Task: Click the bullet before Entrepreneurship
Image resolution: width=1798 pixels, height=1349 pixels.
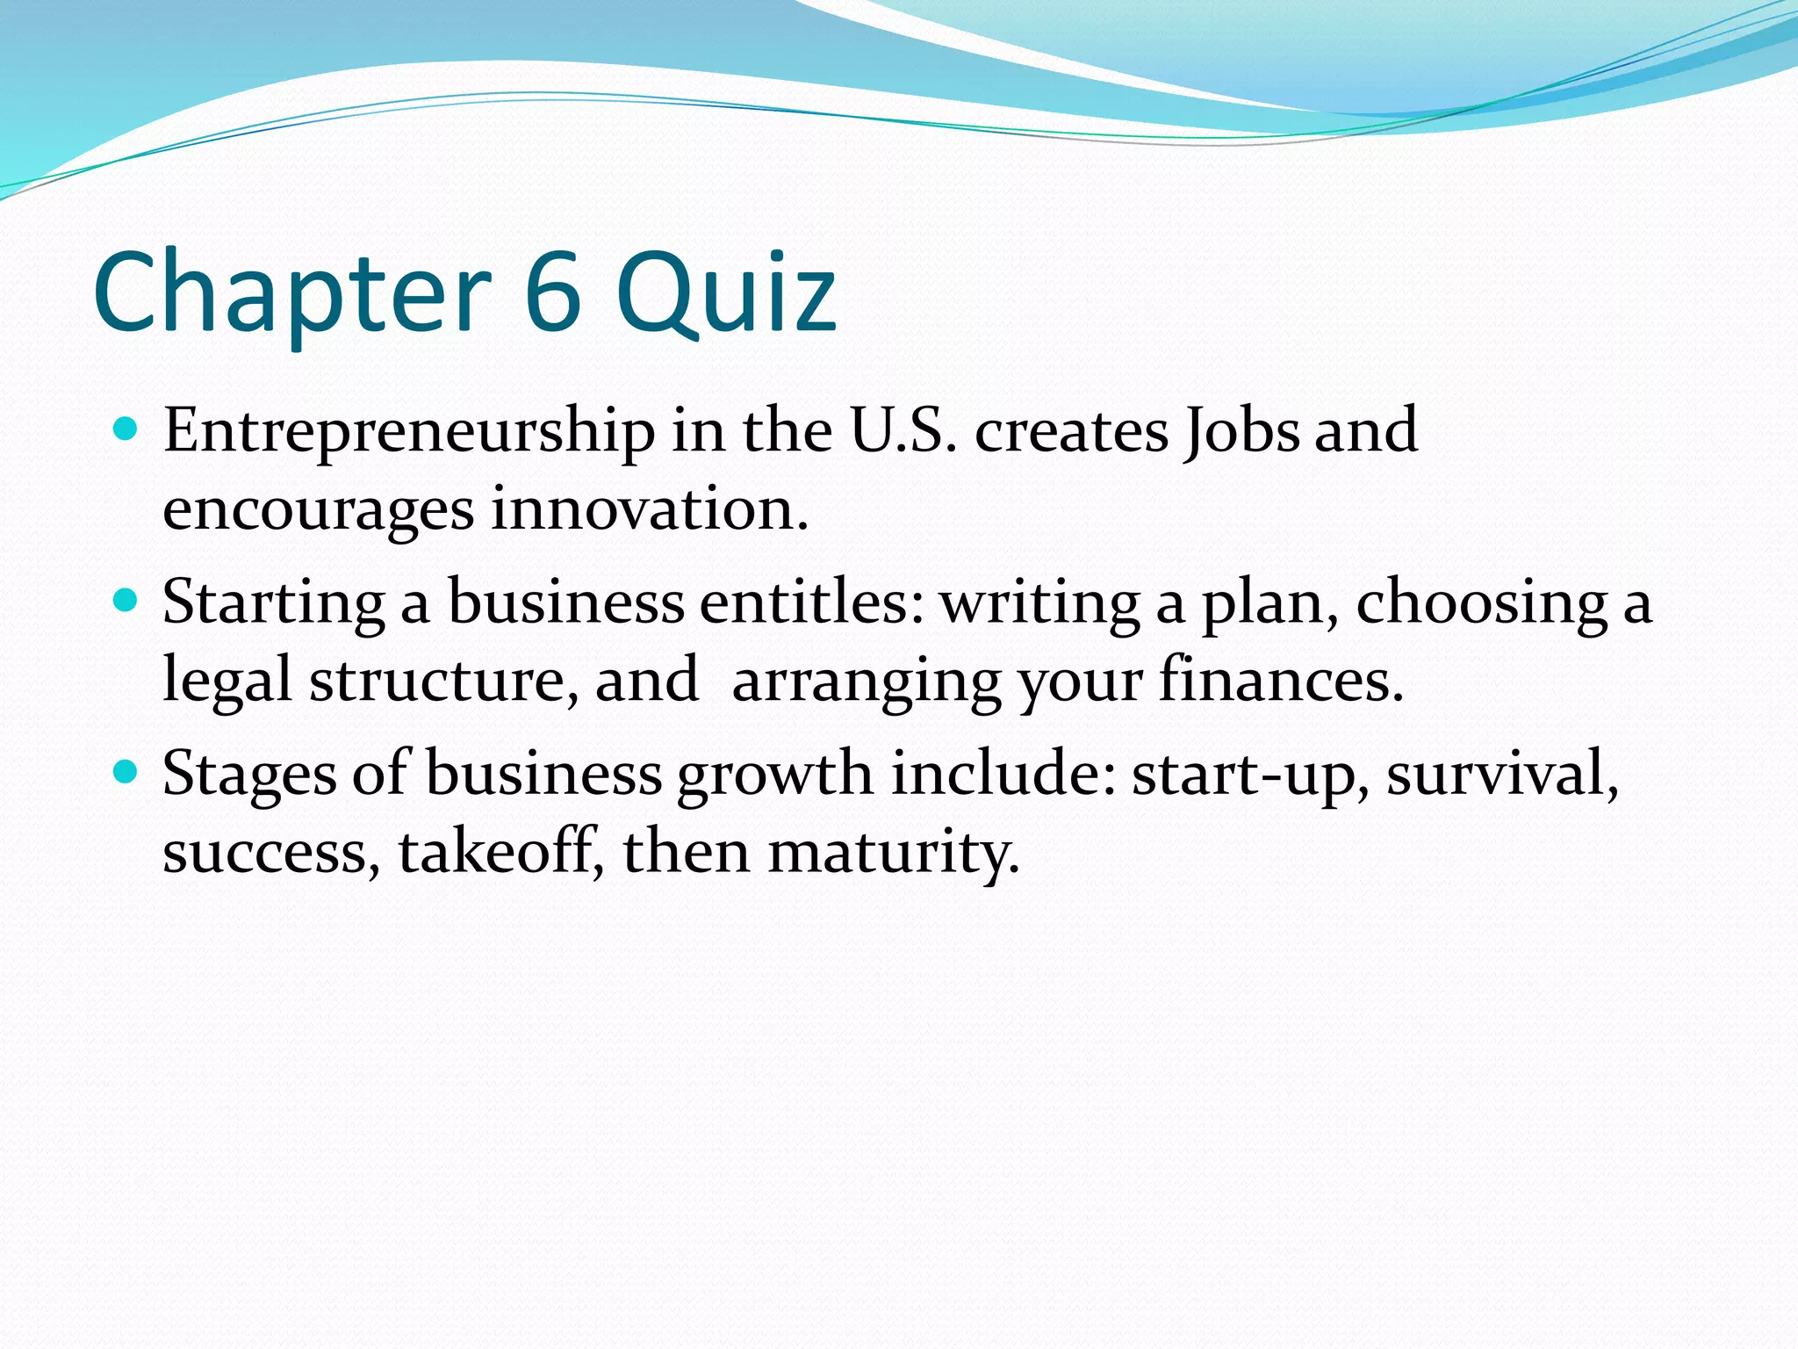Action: click(x=126, y=429)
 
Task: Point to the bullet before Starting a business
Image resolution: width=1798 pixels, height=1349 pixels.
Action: click(x=126, y=601)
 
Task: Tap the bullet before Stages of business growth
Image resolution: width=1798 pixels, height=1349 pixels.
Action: click(x=126, y=772)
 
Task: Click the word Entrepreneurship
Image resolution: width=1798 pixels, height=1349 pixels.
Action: click(x=409, y=432)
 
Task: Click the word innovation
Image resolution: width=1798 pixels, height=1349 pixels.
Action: click(x=649, y=509)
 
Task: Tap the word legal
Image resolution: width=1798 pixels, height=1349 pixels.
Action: click(x=227, y=682)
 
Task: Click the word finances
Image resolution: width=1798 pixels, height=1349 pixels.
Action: click(x=1281, y=680)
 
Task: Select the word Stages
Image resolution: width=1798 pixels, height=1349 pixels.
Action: click(x=249, y=775)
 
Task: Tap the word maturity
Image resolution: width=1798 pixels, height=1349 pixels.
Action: click(x=894, y=852)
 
